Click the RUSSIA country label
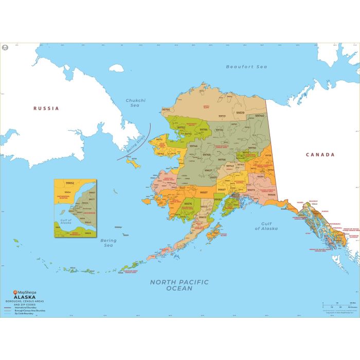46,109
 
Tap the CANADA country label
320,154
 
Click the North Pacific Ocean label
179,285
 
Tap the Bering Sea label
109,243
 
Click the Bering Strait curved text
134,140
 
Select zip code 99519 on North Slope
240,112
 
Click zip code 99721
223,116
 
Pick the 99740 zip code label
259,116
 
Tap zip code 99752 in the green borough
181,128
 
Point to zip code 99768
206,154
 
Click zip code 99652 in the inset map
70,183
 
